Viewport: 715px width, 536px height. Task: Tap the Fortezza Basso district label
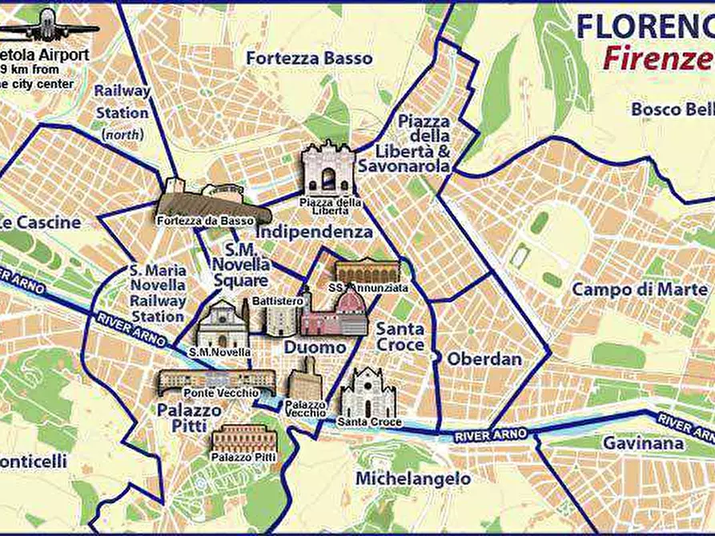pyautogui.click(x=308, y=58)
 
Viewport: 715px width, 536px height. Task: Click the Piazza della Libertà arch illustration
pyautogui.click(x=327, y=169)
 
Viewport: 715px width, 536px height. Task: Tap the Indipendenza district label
pyautogui.click(x=314, y=232)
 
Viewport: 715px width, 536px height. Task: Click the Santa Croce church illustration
pyautogui.click(x=368, y=393)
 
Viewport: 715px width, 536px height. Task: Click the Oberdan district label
pyautogui.click(x=484, y=359)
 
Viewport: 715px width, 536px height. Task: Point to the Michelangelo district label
pyautogui.click(x=413, y=478)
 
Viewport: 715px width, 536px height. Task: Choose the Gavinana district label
pyautogui.click(x=644, y=443)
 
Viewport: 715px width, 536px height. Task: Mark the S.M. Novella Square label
pyautogui.click(x=239, y=265)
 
